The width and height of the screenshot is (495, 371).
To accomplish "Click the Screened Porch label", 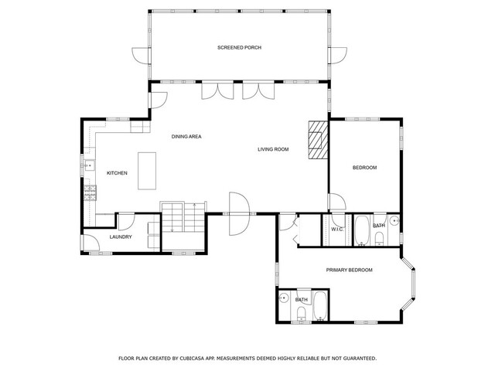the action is pos(239,48).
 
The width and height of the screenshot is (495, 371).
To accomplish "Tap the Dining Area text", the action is pos(186,137).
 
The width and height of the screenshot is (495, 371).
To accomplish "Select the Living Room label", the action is pos(273,149).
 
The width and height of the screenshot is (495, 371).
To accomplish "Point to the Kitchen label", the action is pos(117,173).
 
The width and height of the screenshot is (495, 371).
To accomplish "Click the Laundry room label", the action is pos(121,237).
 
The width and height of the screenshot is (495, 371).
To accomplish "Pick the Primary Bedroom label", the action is pos(349,270).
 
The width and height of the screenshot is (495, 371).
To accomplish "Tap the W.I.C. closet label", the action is pos(337,229).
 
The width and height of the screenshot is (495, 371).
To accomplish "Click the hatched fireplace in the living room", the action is pos(318,140).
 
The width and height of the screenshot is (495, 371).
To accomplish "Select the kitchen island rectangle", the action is pos(147,171).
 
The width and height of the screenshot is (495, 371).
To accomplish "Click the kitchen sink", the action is pos(89,165).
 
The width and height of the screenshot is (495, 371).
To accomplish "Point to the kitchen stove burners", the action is pos(90,193).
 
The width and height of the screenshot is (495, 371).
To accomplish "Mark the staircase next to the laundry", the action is pos(184,218).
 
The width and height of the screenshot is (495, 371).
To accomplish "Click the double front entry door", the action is pos(239,214).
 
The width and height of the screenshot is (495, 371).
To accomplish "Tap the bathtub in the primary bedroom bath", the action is pos(321,306).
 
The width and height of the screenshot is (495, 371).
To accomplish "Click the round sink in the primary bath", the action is pos(284,298).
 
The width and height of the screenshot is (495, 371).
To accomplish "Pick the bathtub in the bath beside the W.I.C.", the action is pos(361,230).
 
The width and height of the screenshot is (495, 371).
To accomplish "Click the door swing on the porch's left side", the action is pos(140,56).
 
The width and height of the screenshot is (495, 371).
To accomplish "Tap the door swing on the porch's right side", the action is pos(339,56).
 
